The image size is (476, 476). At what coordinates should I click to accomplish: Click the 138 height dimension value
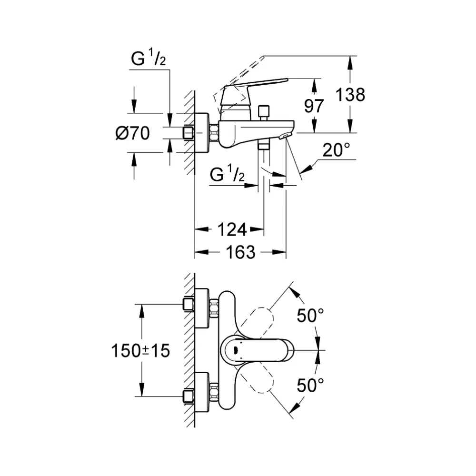click(x=351, y=95)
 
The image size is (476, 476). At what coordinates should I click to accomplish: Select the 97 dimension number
click(x=314, y=106)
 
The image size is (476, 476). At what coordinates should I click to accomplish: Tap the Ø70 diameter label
click(x=132, y=133)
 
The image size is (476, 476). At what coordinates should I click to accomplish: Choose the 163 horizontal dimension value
click(x=241, y=252)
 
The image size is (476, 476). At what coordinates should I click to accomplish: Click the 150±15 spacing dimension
click(x=140, y=351)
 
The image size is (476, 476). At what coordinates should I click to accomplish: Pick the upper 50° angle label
click(x=310, y=315)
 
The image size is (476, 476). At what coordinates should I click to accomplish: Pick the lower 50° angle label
click(x=310, y=385)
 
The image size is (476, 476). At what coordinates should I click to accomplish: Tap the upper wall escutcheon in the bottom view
click(x=202, y=308)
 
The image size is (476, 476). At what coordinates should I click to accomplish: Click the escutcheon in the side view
click(x=202, y=133)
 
